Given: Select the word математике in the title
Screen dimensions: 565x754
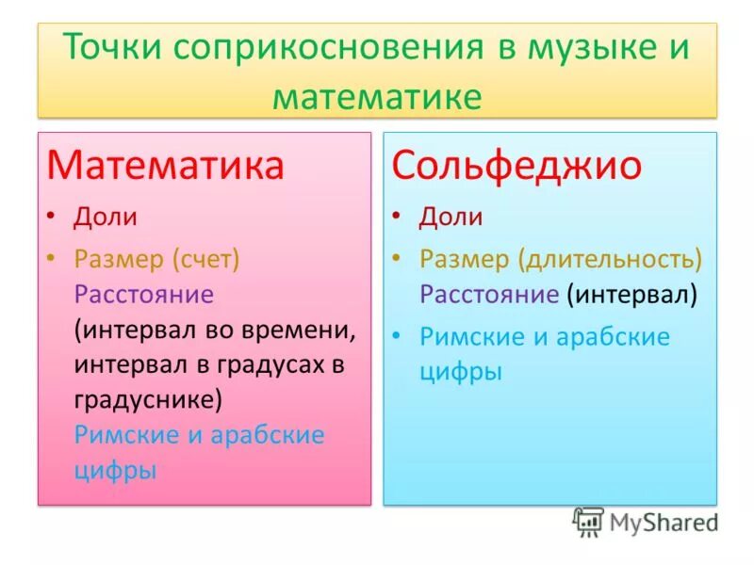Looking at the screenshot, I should point(377,96).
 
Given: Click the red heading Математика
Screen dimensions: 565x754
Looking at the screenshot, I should point(166,165).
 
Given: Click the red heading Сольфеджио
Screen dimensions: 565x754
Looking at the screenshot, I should point(516,165).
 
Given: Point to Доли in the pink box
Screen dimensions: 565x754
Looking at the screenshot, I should point(106,218).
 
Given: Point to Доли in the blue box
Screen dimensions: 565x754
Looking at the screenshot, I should point(451,218).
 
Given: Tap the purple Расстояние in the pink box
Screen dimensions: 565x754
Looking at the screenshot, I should point(144,295).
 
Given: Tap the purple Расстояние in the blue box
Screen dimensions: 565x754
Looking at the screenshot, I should point(489,295).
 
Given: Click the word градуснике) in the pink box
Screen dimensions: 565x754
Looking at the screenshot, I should point(148,399).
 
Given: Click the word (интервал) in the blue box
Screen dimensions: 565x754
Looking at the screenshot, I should point(631,295).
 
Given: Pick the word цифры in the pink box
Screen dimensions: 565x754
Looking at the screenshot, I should point(114,469).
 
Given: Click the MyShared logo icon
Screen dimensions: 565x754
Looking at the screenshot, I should point(588,522).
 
